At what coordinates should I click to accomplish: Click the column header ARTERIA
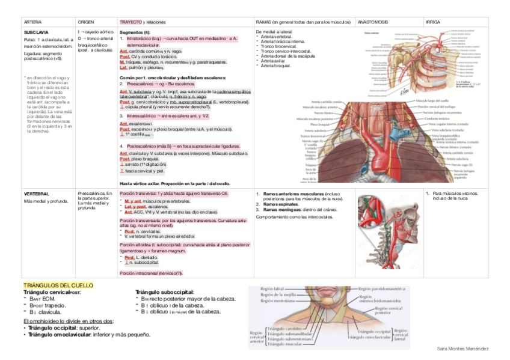click(32, 22)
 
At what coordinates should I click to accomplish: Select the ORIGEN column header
click(86, 22)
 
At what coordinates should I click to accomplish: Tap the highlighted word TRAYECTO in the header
click(131, 22)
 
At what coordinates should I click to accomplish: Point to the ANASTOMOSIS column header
click(373, 22)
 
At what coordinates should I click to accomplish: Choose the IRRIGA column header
click(432, 22)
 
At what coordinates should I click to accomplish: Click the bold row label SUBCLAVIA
click(36, 31)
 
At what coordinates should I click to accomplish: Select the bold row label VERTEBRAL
click(36, 194)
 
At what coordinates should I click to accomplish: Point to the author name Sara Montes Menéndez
click(462, 349)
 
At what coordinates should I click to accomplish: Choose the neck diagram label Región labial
click(272, 289)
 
